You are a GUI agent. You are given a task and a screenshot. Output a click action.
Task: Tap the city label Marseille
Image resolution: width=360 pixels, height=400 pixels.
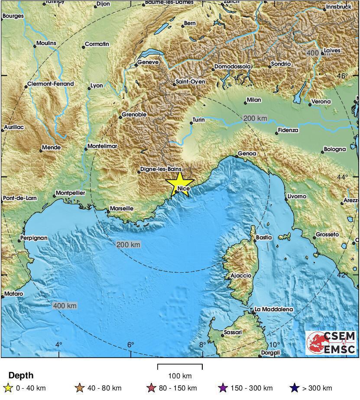coord(121,208)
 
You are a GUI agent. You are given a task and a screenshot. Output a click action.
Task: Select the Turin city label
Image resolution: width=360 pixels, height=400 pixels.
coord(198,119)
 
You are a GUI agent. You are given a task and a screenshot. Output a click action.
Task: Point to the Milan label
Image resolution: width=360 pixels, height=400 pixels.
coord(254,100)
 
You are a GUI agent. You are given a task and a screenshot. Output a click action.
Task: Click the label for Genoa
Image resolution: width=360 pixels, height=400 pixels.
coord(247,154)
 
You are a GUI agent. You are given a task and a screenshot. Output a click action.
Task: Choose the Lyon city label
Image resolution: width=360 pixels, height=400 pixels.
coord(96,85)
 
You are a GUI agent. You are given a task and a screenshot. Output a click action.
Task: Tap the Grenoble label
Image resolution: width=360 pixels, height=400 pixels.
coord(134,115)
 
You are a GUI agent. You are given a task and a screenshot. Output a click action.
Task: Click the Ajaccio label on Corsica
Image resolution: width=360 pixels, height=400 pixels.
coord(240,275)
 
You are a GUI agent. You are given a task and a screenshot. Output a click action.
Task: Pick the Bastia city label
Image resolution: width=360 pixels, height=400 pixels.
coord(263,237)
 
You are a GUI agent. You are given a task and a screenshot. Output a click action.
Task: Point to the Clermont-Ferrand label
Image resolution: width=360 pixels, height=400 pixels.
coord(50,84)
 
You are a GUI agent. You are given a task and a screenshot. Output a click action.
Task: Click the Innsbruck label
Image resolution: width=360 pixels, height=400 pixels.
coord(338,7)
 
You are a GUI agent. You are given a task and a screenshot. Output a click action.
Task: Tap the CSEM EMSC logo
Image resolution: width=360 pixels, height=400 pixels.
coord(331,342)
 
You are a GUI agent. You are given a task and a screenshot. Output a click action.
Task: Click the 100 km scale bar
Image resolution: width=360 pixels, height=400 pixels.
coord(180,368)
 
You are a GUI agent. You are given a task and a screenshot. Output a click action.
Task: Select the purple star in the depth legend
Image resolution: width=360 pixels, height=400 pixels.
coord(224,388)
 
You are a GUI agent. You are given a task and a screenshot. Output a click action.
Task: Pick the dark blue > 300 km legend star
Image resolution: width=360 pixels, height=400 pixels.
coord(295,388)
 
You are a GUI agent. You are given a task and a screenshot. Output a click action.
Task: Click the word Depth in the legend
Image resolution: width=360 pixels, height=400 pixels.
coord(21,375)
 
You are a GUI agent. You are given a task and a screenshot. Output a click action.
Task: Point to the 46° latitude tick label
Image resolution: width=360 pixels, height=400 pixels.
coord(343,76)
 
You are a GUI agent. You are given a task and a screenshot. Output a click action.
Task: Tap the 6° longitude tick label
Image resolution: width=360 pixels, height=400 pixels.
coord(130,345)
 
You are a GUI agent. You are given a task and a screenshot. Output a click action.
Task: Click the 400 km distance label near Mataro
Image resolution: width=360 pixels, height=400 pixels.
coord(65,306)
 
